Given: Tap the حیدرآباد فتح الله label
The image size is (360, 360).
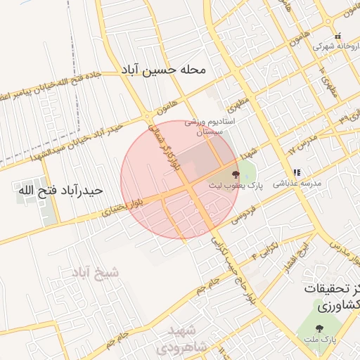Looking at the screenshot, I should [x=60, y=191].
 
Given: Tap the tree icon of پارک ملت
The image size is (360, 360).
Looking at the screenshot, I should [x=320, y=328].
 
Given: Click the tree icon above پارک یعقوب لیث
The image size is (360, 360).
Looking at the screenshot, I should [x=235, y=173].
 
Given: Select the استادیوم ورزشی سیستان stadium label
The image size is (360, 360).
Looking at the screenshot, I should [x=214, y=127].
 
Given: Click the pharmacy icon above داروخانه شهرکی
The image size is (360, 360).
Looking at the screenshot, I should [x=337, y=36].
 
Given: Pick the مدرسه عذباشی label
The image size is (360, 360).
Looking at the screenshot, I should [x=301, y=183].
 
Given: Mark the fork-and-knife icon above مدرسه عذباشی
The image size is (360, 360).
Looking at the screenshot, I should [x=297, y=172].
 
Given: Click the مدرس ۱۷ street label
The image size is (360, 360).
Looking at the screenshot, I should [x=303, y=146].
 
